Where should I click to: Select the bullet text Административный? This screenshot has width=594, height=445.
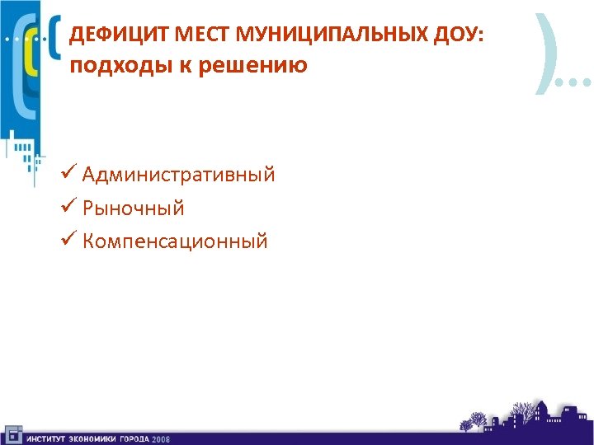[178, 175]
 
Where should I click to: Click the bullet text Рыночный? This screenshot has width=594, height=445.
[133, 208]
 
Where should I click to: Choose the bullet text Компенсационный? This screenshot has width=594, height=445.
[175, 241]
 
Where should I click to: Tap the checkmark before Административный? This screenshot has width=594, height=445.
[69, 175]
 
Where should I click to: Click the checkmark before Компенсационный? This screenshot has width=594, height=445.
[69, 241]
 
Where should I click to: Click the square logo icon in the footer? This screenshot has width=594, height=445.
[12, 434]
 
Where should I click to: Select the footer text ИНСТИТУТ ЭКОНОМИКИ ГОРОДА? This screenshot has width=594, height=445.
[87, 438]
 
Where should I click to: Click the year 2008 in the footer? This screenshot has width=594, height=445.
[160, 438]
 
